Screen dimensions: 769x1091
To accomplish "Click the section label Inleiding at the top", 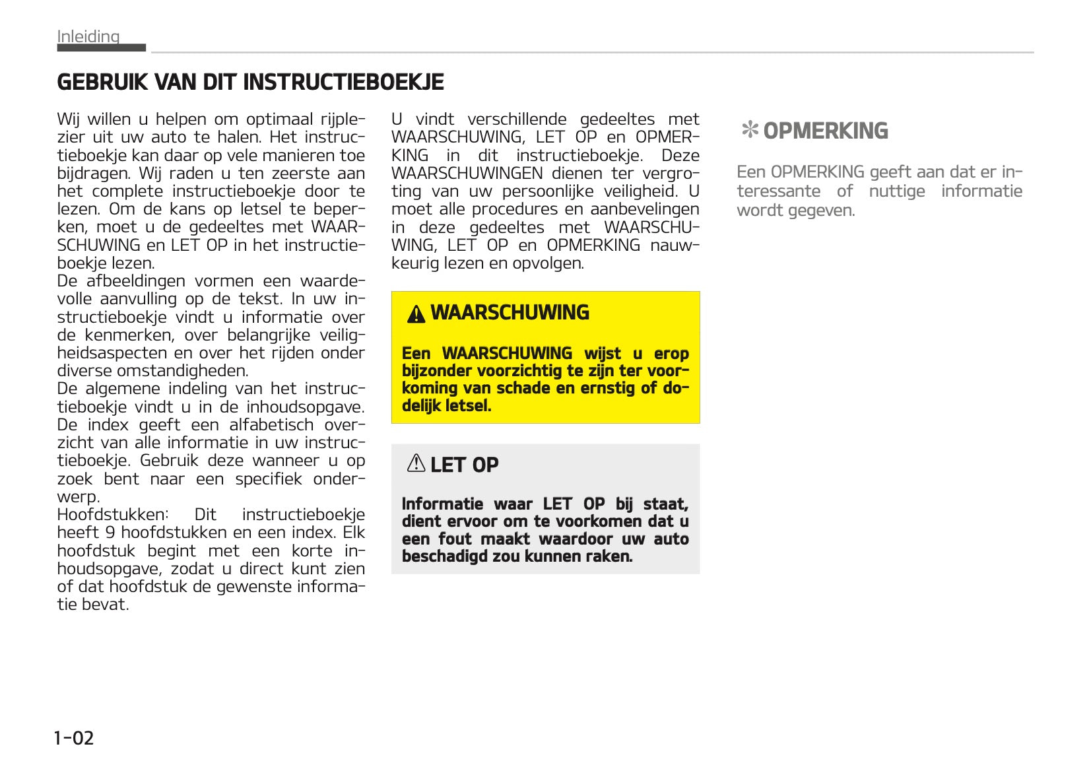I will [88, 36].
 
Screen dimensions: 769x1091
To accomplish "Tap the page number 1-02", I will [74, 737].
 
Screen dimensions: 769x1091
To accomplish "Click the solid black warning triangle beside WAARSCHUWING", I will [416, 314].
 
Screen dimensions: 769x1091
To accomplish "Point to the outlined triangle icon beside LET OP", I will [416, 463].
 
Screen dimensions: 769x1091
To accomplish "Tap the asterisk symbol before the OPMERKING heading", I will [749, 130].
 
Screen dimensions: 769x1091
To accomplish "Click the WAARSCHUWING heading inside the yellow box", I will [510, 312].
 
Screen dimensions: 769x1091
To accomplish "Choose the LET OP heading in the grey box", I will [464, 465].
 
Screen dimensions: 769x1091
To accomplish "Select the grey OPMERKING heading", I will [825, 131].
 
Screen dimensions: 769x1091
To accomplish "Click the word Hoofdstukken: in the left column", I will [113, 515].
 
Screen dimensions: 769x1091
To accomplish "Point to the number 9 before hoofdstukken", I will [110, 533].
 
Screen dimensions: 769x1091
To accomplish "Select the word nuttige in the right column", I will [896, 191].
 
